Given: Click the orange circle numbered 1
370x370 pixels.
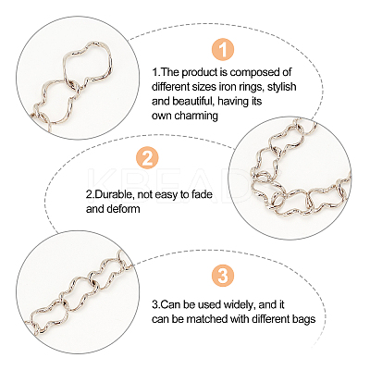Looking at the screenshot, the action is [223, 50].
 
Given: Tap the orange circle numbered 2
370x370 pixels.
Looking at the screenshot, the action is [147, 158].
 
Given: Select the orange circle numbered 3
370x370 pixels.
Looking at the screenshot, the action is [223, 276].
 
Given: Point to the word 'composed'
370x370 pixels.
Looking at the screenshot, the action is [252, 73].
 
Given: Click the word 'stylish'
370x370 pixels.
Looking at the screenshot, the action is [281, 87].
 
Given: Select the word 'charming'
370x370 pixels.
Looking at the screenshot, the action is [196, 116].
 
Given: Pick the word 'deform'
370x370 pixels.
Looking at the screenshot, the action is [123, 209].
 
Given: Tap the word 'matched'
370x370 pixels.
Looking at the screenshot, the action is [205, 319].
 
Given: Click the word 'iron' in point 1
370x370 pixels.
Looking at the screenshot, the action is [227, 87].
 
